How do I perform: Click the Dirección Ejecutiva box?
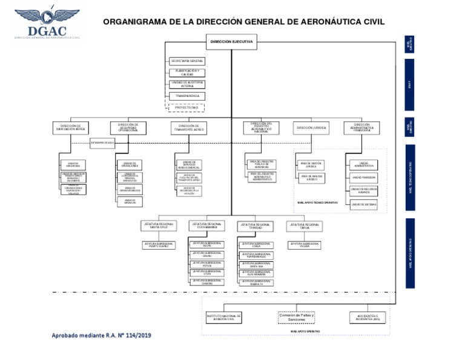click(232, 42)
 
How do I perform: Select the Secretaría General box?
click(187, 61)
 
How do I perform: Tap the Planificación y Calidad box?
click(187, 73)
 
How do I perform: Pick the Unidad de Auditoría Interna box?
click(187, 84)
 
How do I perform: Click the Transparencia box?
click(187, 96)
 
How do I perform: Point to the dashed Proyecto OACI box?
click(187, 107)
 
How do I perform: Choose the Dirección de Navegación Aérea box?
click(72, 128)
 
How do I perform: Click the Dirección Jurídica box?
click(312, 128)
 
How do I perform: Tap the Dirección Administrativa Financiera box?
click(362, 128)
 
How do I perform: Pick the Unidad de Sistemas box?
click(364, 204)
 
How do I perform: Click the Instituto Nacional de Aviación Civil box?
click(223, 317)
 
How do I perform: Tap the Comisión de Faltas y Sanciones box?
click(297, 317)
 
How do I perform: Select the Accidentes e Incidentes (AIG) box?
click(368, 317)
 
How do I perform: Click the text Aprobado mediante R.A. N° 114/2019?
click(101, 335)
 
